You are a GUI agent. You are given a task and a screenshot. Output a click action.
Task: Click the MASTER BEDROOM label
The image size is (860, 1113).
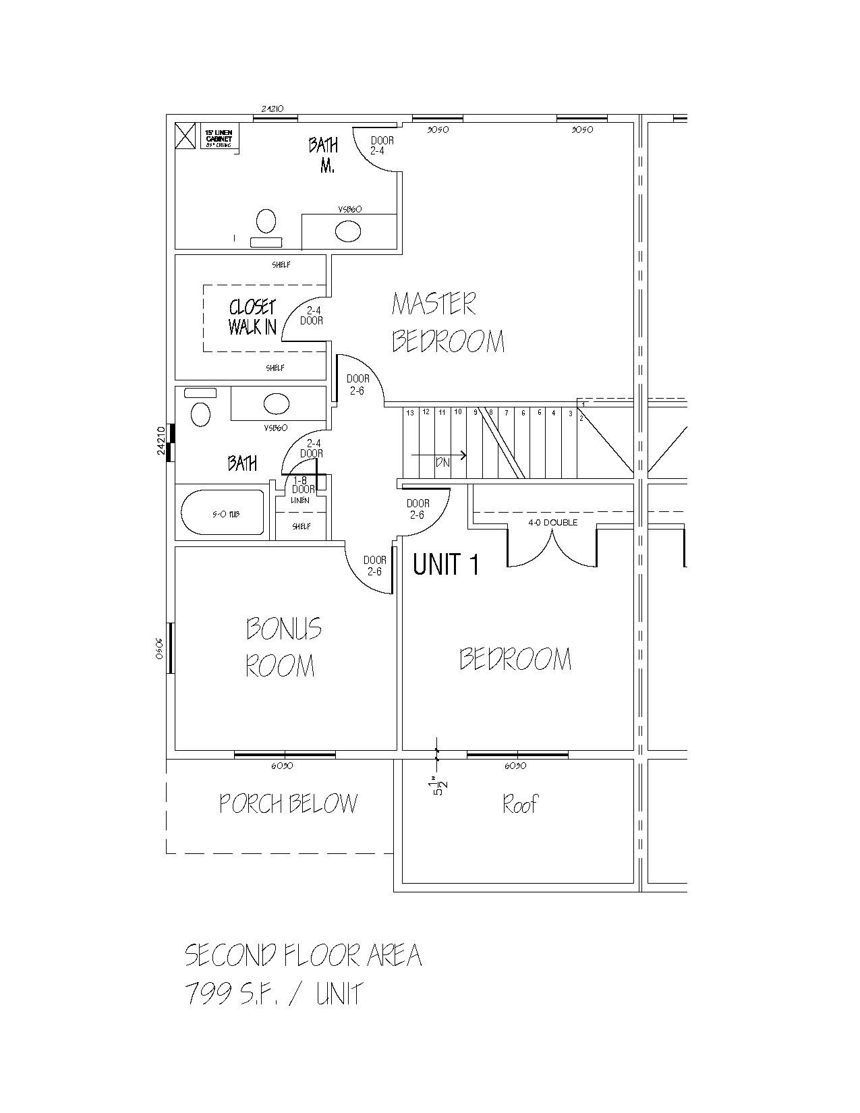[x=448, y=322]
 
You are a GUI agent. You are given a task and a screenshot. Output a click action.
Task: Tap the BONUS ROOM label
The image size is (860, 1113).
[x=283, y=647]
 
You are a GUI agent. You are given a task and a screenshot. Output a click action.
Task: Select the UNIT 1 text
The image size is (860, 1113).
[x=446, y=565]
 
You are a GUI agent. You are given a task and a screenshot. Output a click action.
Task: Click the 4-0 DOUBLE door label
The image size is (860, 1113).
[x=552, y=522]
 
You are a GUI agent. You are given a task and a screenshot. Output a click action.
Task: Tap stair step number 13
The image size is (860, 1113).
[x=409, y=412]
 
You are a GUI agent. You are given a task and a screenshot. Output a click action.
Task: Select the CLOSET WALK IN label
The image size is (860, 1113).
[x=252, y=317]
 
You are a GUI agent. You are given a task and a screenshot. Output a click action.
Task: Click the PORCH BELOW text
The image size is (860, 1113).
[x=288, y=803]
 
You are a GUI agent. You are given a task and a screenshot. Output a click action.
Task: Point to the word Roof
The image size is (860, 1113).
[x=520, y=804]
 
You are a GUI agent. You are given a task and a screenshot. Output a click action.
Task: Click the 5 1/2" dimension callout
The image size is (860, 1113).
[x=440, y=787]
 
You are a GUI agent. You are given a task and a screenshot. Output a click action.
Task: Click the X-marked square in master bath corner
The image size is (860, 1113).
[x=184, y=136]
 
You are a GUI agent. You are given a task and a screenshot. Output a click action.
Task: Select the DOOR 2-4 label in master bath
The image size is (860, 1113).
[x=382, y=146]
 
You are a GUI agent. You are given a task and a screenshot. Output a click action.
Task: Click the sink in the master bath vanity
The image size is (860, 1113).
[x=348, y=232]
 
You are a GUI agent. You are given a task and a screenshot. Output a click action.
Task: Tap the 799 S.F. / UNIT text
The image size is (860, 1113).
[x=274, y=994]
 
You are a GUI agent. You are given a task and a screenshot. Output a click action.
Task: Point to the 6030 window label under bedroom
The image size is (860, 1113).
[x=515, y=766]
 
